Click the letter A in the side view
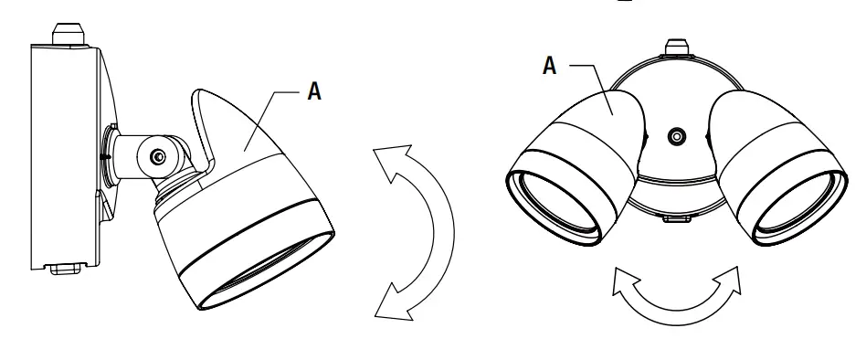313,91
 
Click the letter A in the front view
550,66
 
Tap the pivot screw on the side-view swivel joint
159,158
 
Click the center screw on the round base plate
676,138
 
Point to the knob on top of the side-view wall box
69,31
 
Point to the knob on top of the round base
676,47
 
